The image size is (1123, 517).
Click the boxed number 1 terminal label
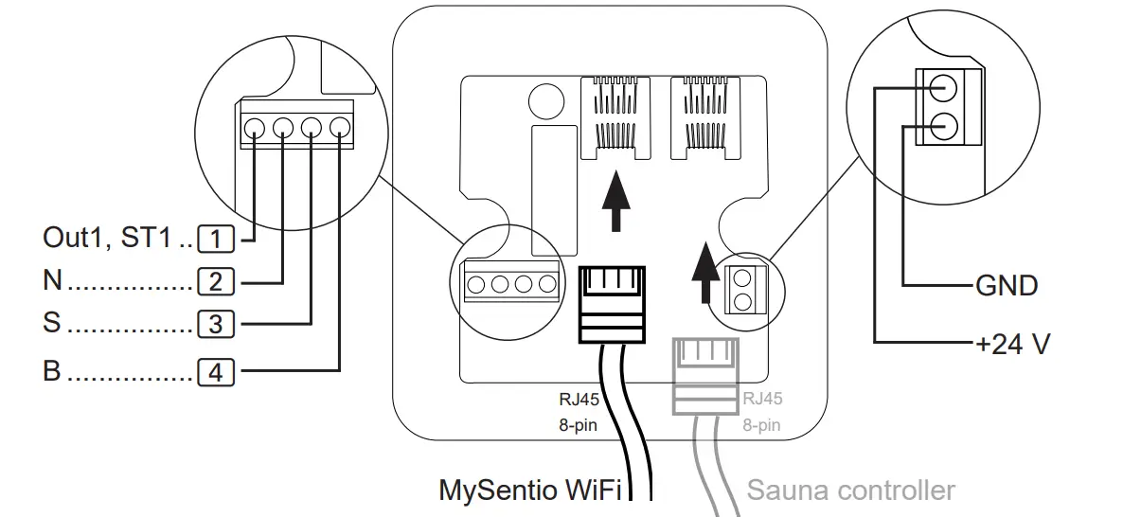click(x=217, y=239)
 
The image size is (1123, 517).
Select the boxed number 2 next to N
click(x=215, y=281)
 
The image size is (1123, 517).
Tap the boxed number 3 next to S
click(x=215, y=324)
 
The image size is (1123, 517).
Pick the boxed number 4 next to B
click(x=215, y=372)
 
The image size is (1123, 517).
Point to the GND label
click(x=1006, y=285)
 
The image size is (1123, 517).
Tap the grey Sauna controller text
click(x=850, y=490)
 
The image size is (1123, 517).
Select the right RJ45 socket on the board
click(x=703, y=118)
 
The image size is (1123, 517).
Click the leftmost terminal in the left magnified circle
click(x=254, y=127)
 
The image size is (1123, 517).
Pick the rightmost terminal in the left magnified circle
click(x=339, y=127)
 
